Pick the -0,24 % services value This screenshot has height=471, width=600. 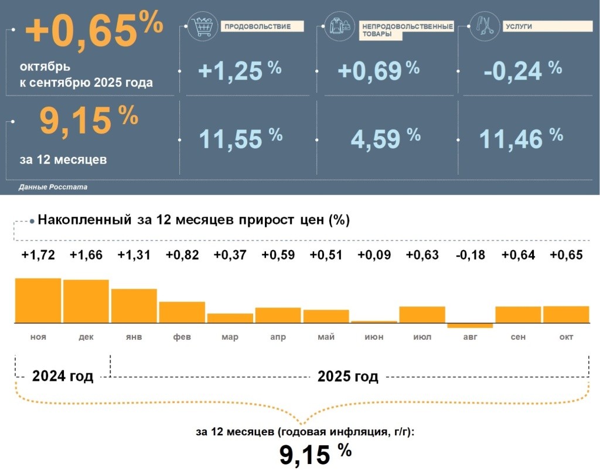coord(523,71)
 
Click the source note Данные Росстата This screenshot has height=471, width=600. coord(53,187)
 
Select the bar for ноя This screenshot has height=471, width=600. coord(38,301)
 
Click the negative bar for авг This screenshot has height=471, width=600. coord(470,325)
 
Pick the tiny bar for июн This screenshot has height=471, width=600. coord(374,322)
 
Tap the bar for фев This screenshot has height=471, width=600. coord(182,312)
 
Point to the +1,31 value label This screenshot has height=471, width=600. coord(134,255)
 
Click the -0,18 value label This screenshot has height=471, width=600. coord(471,255)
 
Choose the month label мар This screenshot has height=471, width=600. coord(230,337)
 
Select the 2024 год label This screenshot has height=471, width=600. coord(63,376)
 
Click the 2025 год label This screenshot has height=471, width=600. coord(347,376)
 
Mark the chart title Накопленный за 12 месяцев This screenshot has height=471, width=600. coord(193,220)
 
